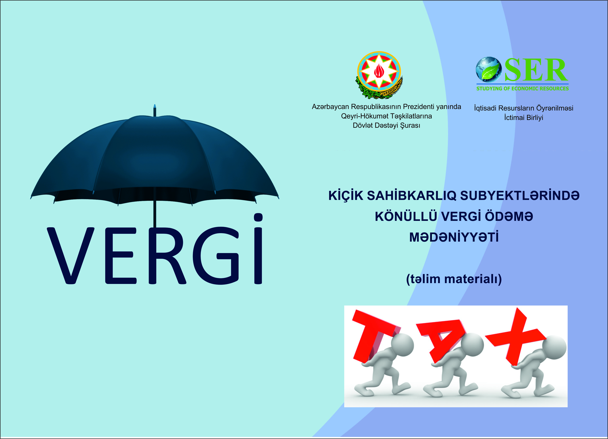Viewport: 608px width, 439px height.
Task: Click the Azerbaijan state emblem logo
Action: tap(379, 75)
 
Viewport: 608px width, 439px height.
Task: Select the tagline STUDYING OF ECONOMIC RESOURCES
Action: tap(523, 89)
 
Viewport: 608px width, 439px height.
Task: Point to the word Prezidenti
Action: tap(418, 107)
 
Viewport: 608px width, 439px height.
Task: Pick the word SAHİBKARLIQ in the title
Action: tap(412, 196)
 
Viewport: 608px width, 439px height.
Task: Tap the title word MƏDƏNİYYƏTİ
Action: tap(454, 237)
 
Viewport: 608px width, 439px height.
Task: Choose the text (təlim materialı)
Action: tap(454, 279)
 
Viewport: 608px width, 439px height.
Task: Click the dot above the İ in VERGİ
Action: tap(258, 217)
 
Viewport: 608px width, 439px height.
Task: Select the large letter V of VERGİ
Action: tap(71, 256)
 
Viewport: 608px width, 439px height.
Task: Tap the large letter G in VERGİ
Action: tap(216, 256)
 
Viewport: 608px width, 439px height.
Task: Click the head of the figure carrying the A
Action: tap(472, 346)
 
